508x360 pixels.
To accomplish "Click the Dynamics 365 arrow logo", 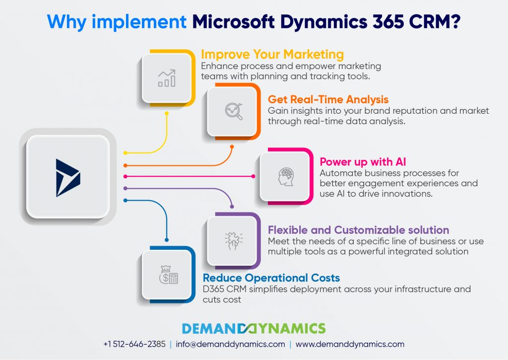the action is pos(67,178).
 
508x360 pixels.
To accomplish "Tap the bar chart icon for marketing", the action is pos(167,78).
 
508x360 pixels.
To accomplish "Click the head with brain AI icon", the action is pos(285,176).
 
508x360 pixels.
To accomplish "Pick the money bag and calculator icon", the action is pos(169,275).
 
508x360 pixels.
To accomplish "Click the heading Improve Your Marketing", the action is pos(272,54).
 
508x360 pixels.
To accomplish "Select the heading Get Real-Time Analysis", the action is pos(328,99).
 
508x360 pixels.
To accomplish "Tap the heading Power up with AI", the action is pos(363,161).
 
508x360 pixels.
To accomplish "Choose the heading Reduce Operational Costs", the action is pos(271,278).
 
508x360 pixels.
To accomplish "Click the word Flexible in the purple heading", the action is pos(288,229).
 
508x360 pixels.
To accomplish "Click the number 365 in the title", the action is pos(388,22).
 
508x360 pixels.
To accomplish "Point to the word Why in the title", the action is pos(67,22).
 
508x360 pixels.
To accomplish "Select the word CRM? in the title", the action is pos(435,22).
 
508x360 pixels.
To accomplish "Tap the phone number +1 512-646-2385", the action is pos(134,344).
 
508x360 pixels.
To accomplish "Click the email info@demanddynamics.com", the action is pos(230,344).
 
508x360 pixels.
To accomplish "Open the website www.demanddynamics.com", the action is pos(350,344).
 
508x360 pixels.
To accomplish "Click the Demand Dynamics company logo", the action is pos(254,328).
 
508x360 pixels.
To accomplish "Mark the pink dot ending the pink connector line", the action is pos(254,176).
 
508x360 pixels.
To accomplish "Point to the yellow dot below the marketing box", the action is pos(167,114).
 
